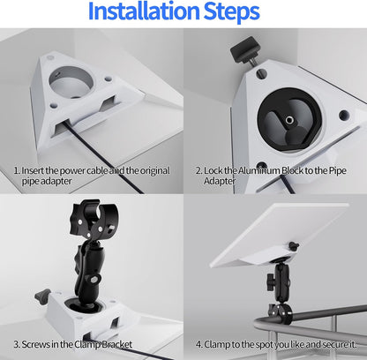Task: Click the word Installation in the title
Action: click(x=144, y=11)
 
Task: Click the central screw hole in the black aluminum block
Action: click(x=289, y=119)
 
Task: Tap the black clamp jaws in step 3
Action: click(x=94, y=220)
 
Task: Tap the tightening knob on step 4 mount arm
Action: click(x=271, y=281)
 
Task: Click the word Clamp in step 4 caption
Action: click(x=216, y=344)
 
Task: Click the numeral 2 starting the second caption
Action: click(x=198, y=170)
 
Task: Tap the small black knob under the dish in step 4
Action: click(x=293, y=246)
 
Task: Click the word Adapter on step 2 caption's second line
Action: click(x=220, y=181)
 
